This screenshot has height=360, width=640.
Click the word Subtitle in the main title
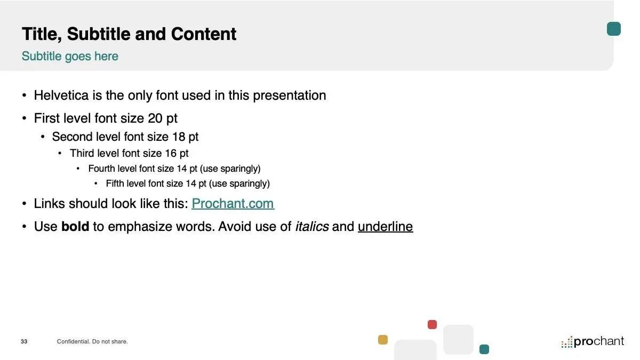pos(99,34)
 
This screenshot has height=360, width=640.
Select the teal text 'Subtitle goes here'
pos(70,57)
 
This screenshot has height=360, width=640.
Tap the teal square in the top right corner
pos(614,29)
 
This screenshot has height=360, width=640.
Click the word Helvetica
pos(61,95)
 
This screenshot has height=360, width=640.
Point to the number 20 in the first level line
pos(155,118)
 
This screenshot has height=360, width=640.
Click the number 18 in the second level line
pos(179,137)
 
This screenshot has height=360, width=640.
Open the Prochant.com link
pos(233,204)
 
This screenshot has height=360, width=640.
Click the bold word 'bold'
pos(75,226)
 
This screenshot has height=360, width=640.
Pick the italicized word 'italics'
pos(311,227)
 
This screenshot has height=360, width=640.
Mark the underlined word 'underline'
pos(386,227)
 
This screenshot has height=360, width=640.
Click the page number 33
pos(24,341)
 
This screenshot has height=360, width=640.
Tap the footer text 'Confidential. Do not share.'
pos(92,341)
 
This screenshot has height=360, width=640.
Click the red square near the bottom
pos(433,325)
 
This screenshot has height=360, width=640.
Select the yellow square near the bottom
pos(383,340)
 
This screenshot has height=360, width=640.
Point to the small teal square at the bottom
pos(484,349)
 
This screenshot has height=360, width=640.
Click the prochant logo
pos(593,342)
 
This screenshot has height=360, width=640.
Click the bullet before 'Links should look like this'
pos(25,204)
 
